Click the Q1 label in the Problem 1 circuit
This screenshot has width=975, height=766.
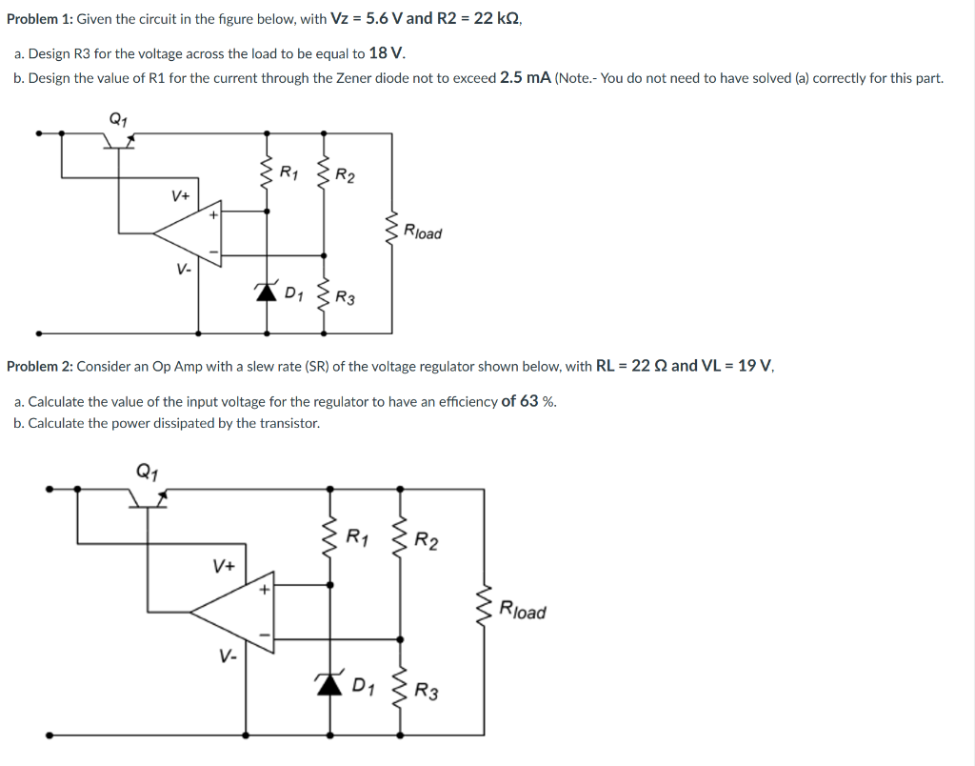[x=117, y=118]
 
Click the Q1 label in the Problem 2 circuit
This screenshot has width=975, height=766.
[x=148, y=470]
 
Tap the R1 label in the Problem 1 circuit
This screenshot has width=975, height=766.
[x=289, y=172]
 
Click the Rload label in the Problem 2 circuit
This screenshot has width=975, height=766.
[x=523, y=611]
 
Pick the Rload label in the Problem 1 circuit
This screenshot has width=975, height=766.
[x=423, y=232]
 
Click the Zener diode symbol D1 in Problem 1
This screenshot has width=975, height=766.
[x=267, y=292]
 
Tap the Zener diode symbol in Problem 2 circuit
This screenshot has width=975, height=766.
[x=329, y=683]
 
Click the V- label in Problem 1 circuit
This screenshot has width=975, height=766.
[x=183, y=269]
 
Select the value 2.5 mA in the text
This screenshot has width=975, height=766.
[x=525, y=78]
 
